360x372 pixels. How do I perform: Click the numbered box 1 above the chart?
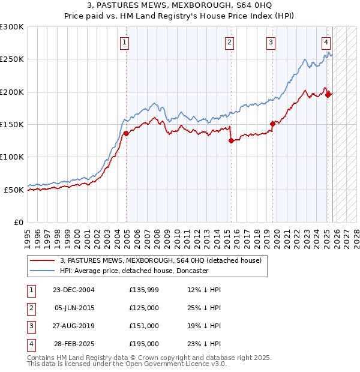[124, 42]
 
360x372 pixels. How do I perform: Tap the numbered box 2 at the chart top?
[229, 42]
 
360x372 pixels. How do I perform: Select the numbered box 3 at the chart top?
[271, 42]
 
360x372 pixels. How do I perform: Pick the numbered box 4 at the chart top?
[325, 42]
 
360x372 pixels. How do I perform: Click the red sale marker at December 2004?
[126, 133]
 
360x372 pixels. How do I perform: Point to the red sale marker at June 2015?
[231, 141]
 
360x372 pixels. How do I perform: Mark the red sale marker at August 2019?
[272, 124]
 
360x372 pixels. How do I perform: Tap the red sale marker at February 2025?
[328, 95]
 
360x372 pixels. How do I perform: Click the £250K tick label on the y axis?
[12, 59]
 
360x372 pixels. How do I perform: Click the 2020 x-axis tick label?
[276, 234]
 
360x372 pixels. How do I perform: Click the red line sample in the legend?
[43, 261]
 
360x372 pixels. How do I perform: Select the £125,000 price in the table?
[143, 308]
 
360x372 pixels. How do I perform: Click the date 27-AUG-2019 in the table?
[73, 326]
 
